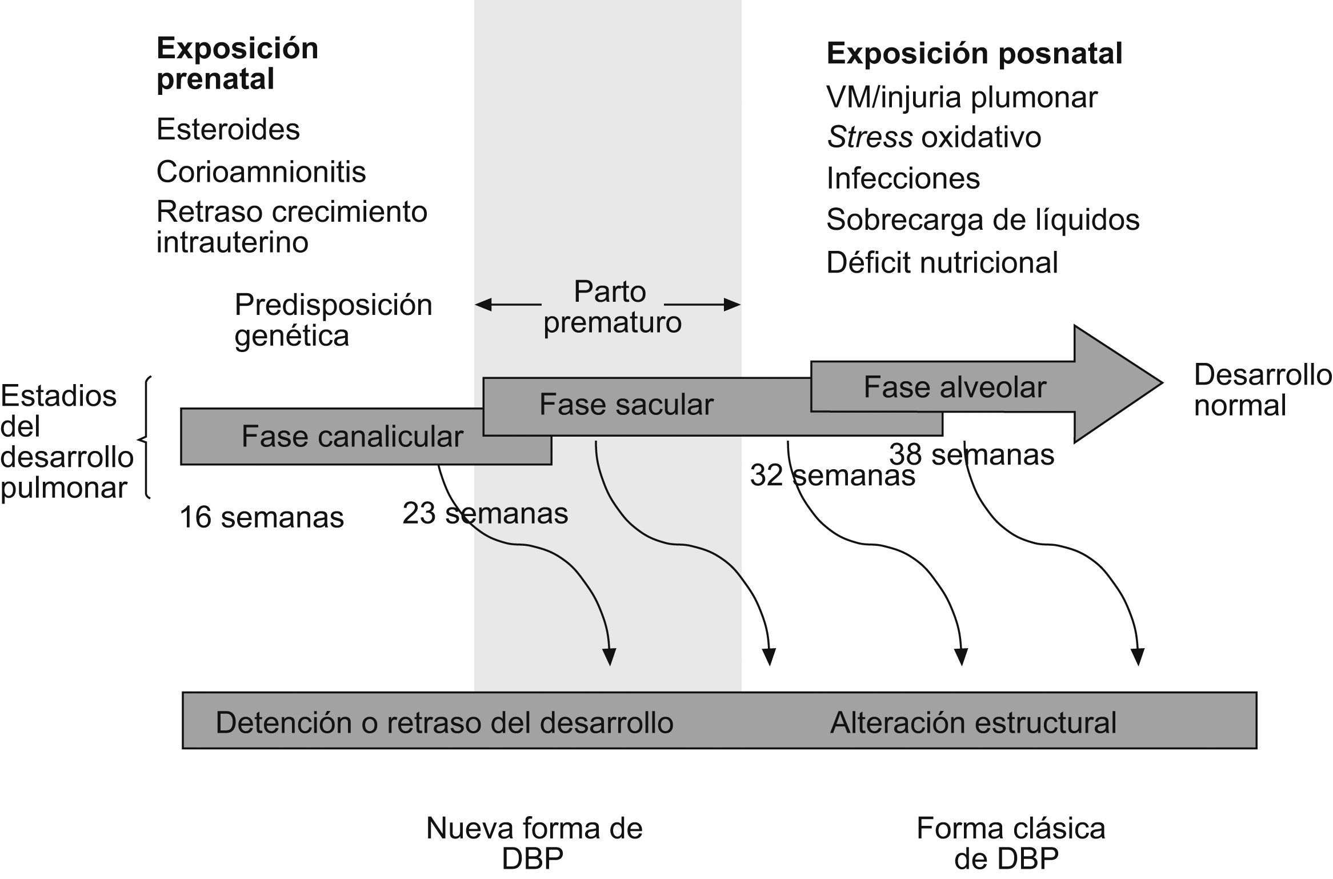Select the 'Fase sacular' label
[626, 405]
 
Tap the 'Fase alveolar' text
[954, 387]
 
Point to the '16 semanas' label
[262, 518]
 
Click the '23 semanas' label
[485, 513]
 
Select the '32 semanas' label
[832, 476]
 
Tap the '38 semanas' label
[971, 455]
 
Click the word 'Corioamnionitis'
[261, 172]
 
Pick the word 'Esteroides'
[228, 130]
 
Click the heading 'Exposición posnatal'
[974, 54]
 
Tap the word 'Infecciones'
[903, 179]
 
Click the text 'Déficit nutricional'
[942, 263]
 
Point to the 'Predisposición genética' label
[333, 320]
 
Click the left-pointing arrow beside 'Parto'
[507, 305]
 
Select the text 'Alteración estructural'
[973, 723]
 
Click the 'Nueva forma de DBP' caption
[534, 843]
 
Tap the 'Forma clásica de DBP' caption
[1010, 843]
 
